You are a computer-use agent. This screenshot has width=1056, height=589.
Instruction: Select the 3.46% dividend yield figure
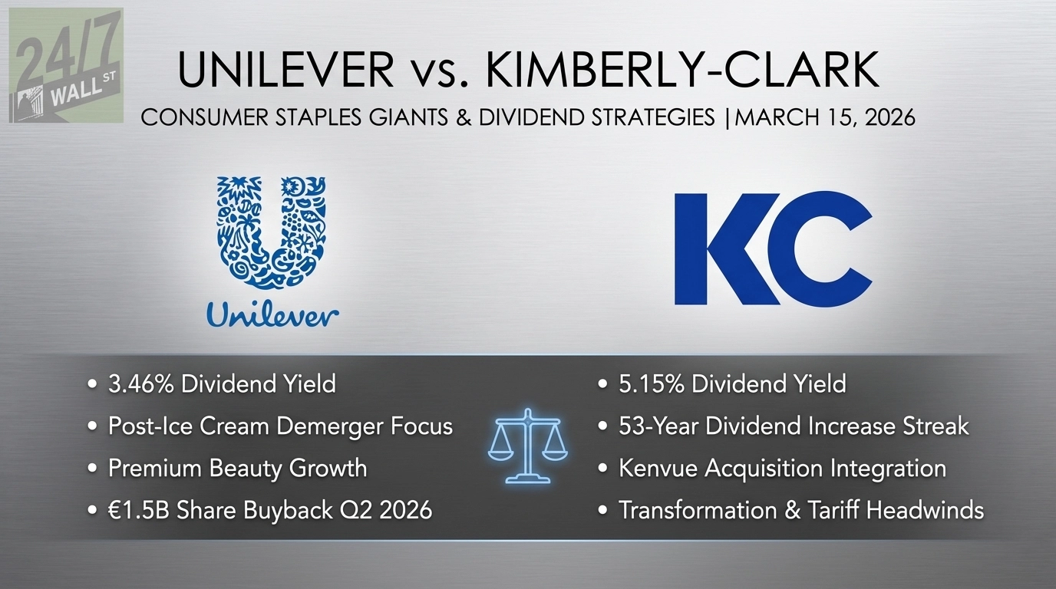click(x=144, y=383)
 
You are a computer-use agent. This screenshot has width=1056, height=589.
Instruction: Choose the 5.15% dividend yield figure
click(x=654, y=383)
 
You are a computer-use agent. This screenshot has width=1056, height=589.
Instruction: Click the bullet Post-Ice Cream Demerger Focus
click(x=280, y=426)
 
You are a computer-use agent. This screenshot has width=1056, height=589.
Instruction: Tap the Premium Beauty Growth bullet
click(x=237, y=469)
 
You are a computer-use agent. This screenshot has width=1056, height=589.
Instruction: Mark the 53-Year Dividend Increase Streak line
click(x=794, y=426)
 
